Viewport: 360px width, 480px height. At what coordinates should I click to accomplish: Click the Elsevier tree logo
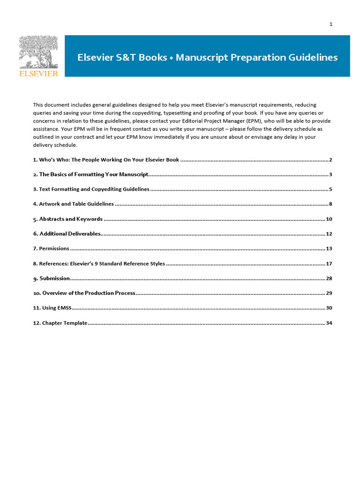tap(38, 52)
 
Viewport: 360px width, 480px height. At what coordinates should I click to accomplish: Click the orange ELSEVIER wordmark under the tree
tap(38, 74)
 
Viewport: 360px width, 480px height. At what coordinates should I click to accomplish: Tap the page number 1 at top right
tap(330, 24)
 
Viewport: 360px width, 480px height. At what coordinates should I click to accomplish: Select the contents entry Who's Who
tap(106, 160)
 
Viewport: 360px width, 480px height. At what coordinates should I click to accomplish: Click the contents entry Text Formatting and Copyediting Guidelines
tap(91, 189)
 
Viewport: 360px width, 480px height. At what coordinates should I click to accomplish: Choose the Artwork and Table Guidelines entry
tap(73, 204)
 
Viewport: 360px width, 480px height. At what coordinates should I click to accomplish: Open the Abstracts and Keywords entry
tap(67, 219)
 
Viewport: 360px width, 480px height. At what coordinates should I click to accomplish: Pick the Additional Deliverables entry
tap(67, 234)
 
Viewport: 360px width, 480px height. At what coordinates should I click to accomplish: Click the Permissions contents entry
tap(51, 248)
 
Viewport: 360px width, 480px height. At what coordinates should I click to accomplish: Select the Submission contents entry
tap(52, 278)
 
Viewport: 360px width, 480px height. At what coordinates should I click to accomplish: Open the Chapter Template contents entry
tap(60, 323)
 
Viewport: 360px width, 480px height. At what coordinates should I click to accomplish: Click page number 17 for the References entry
tap(329, 263)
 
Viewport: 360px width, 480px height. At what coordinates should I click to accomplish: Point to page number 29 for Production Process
tap(329, 293)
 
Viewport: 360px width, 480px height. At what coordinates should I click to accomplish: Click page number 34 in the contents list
tap(329, 323)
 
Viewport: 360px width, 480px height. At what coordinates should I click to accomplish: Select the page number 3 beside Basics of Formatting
tap(330, 174)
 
